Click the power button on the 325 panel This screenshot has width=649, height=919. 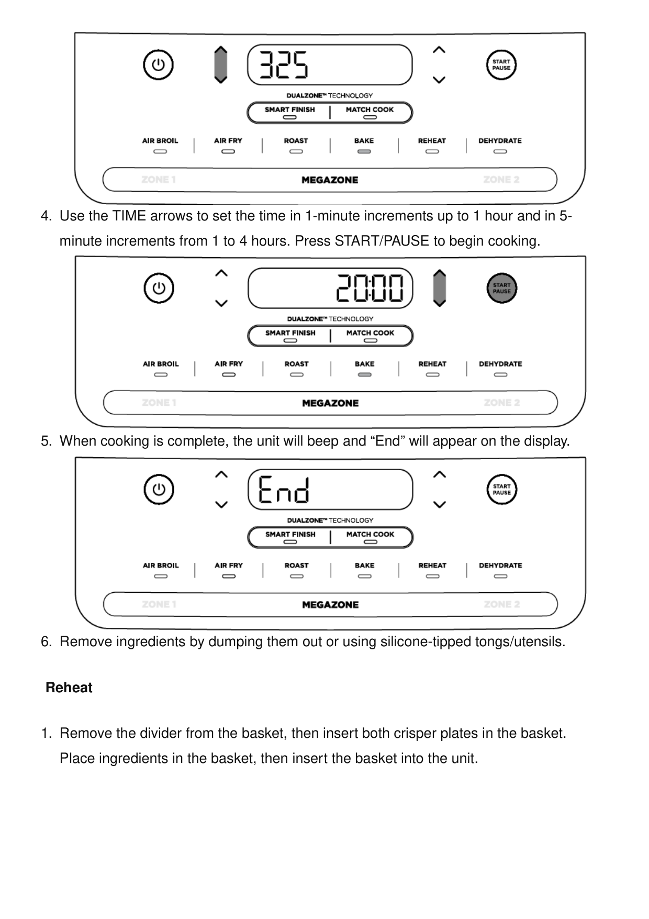pyautogui.click(x=158, y=65)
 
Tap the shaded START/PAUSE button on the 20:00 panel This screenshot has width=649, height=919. pyautogui.click(x=501, y=289)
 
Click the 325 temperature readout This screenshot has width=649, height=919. pyautogui.click(x=284, y=65)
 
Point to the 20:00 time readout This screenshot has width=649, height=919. pyautogui.click(x=370, y=289)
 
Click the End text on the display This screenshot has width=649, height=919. pyautogui.click(x=284, y=490)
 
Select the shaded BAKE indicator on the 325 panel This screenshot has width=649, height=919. pyautogui.click(x=364, y=151)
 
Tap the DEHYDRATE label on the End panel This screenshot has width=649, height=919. pyautogui.click(x=500, y=566)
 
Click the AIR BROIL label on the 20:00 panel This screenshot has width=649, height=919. pyautogui.click(x=161, y=364)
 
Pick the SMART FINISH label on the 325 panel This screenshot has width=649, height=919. pyautogui.click(x=289, y=109)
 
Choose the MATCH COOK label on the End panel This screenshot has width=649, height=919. pyautogui.click(x=370, y=534)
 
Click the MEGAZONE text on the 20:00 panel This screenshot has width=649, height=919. pyautogui.click(x=330, y=403)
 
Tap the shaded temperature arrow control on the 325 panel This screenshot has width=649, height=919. pyautogui.click(x=221, y=65)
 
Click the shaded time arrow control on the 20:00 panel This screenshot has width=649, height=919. pyautogui.click(x=440, y=289)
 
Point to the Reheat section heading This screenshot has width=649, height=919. pyautogui.click(x=69, y=688)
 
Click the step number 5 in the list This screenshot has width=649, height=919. pyautogui.click(x=46, y=441)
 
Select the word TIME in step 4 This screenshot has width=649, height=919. pyautogui.click(x=129, y=216)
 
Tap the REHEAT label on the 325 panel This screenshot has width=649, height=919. pyautogui.click(x=432, y=141)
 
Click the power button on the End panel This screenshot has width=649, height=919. pyautogui.click(x=159, y=490)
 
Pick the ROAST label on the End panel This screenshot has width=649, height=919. pyautogui.click(x=296, y=566)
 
